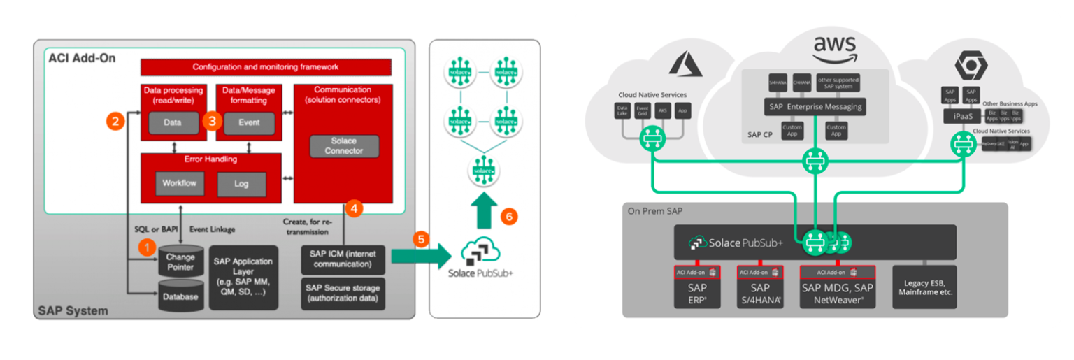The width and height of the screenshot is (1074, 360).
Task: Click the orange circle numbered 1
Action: coord(147,246)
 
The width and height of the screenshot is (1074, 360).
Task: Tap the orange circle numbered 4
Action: coord(355,208)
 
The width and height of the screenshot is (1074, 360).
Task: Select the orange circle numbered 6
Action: coord(509,217)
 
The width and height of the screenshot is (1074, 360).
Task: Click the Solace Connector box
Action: coord(343,145)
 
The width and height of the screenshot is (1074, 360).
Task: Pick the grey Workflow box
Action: coord(180,183)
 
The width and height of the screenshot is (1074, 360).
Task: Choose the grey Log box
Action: coord(241,184)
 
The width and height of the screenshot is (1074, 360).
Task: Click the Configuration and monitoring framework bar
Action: coord(266,67)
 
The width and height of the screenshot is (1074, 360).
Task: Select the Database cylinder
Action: coord(180,296)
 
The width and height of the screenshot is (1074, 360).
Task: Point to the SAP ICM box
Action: coord(343,259)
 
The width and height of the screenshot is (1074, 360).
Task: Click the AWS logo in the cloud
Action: coord(834,50)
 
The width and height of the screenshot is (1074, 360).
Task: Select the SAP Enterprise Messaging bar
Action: coord(813,107)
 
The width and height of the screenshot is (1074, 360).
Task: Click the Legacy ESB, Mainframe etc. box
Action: coord(924,287)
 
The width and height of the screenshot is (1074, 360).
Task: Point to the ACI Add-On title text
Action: coord(82,58)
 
